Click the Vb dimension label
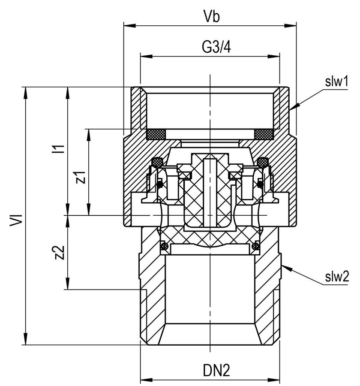click(x=212, y=16)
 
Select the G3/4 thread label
click(x=216, y=47)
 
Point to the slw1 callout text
click(x=336, y=81)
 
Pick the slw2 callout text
click(x=337, y=277)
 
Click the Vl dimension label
click(x=16, y=220)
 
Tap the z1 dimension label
click(x=81, y=177)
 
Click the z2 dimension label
click(x=60, y=253)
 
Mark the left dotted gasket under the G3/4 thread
click(x=156, y=134)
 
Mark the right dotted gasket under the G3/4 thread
click(x=264, y=134)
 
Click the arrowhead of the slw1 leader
click(x=294, y=106)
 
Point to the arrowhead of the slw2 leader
click(x=287, y=268)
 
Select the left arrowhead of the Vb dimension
click(x=129, y=25)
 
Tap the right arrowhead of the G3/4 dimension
click(x=273, y=57)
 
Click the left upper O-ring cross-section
click(x=157, y=163)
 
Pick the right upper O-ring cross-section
click(x=263, y=163)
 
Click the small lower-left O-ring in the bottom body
click(x=164, y=246)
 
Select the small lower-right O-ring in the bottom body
click(x=256, y=246)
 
